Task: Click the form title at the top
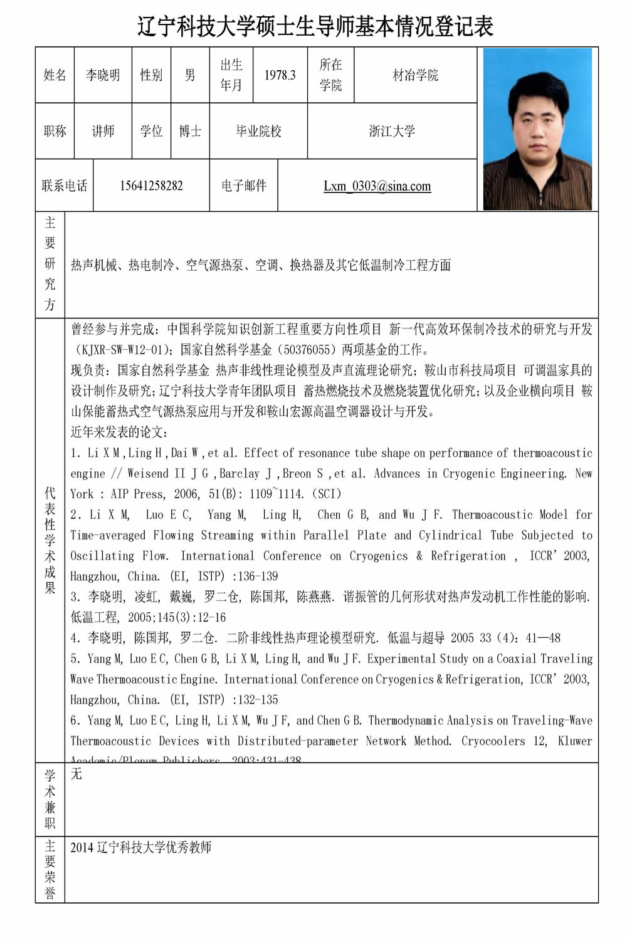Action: [315, 26]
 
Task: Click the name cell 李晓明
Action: [103, 75]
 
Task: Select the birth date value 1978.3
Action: [280, 75]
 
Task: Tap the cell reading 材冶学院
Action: [415, 75]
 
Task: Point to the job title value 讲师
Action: [103, 131]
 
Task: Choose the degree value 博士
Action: [190, 131]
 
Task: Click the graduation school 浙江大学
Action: [392, 131]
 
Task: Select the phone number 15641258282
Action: [151, 185]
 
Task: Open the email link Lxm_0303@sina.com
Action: [377, 185]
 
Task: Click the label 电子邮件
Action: [244, 185]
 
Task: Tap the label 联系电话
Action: [65, 185]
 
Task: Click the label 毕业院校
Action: [258, 131]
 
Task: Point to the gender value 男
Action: [190, 75]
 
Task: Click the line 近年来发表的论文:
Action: [119, 432]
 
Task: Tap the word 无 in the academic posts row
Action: [76, 774]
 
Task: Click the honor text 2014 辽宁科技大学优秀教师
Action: [140, 847]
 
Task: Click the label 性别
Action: [151, 75]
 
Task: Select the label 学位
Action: [151, 131]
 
